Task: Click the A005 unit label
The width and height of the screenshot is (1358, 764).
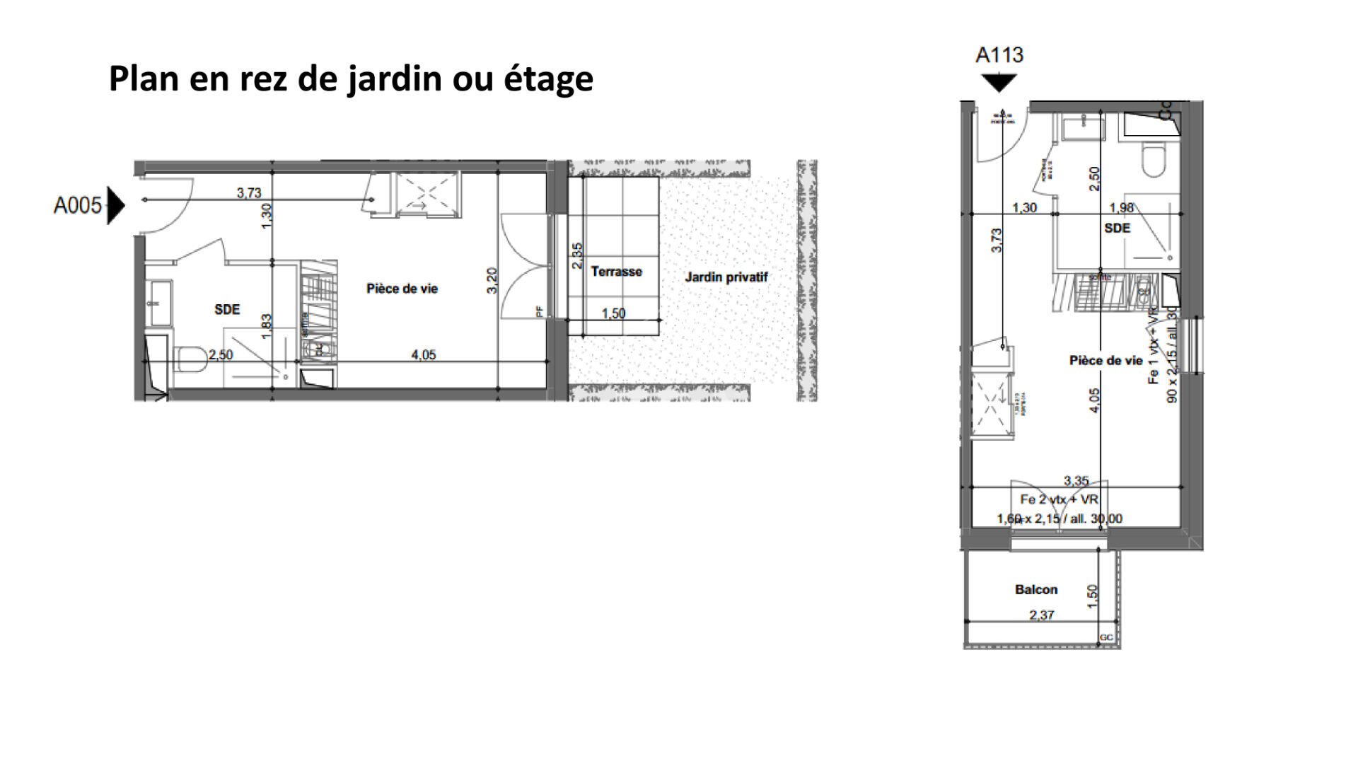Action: pos(78,206)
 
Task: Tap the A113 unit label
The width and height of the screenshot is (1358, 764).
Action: pos(999,55)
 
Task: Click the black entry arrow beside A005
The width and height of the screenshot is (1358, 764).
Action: pos(115,206)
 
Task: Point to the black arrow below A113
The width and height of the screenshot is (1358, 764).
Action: pos(999,83)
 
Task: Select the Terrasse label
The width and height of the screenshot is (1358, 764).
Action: pos(616,272)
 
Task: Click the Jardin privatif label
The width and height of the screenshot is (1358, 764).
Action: pos(726,277)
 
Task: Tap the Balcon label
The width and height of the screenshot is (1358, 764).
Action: pos(1036,589)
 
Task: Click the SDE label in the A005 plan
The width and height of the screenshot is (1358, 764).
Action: pos(227,309)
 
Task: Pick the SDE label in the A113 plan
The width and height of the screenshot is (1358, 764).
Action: pos(1117,228)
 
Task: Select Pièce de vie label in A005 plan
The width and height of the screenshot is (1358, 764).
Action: pos(402,289)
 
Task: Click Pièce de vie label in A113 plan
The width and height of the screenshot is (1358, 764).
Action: pos(1105,361)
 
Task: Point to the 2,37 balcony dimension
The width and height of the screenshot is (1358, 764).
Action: pos(1041,615)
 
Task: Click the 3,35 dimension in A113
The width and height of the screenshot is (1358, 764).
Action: pos(1076,481)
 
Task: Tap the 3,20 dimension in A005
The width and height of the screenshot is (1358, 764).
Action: pos(493,280)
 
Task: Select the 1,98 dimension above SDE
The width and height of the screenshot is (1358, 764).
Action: pos(1121,207)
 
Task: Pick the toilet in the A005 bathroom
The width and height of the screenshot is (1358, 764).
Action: pos(190,359)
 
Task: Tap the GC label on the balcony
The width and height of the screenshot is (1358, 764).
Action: pos(1106,637)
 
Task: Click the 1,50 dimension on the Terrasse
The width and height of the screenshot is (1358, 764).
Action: pos(613,313)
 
